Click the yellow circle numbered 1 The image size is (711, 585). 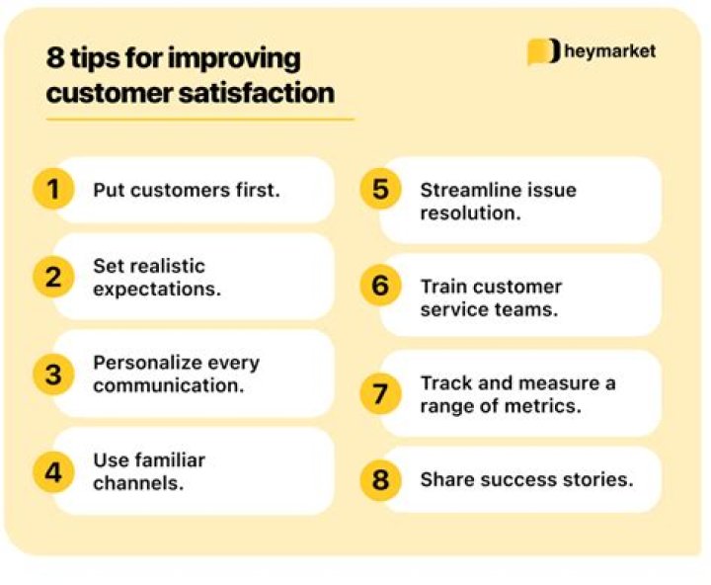(53, 189)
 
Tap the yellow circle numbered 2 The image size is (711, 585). (53, 278)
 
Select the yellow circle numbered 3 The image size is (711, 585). (53, 374)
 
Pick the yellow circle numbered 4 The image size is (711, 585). (53, 471)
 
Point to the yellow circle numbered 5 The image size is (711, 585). (380, 189)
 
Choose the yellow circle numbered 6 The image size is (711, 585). (380, 287)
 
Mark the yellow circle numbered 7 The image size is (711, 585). (380, 393)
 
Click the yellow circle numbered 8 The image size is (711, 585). (380, 480)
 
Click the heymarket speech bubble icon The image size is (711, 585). (543, 51)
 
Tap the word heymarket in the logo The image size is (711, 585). (609, 51)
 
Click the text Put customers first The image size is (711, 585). (187, 190)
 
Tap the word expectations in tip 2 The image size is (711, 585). (157, 290)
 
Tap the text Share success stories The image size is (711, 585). (526, 480)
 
